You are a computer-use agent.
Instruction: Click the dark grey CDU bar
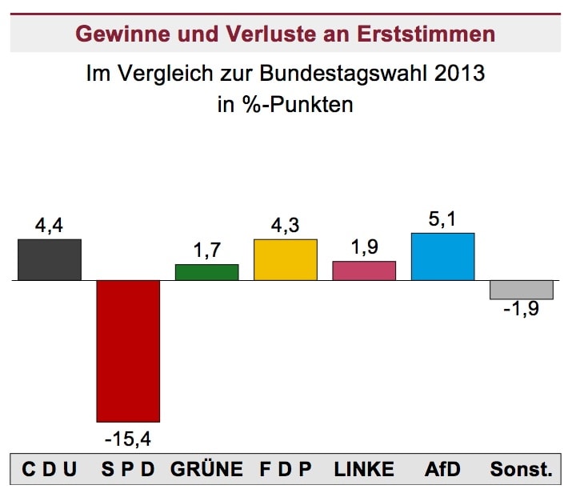point(50,260)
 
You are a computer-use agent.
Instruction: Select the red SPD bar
point(128,351)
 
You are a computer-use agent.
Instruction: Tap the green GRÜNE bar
point(207,272)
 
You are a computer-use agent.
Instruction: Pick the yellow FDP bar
point(286,260)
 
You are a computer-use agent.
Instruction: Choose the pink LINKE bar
point(364,271)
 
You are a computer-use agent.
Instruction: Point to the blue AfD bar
point(442,257)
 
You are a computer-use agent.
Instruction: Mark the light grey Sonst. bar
point(522,290)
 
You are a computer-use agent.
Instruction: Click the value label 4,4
point(50,226)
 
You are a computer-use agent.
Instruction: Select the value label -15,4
point(128,439)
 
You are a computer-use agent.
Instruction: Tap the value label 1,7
point(207,251)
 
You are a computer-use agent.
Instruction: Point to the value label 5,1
point(442,219)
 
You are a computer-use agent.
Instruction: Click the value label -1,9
point(522,310)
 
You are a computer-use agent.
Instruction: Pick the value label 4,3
point(286,226)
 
